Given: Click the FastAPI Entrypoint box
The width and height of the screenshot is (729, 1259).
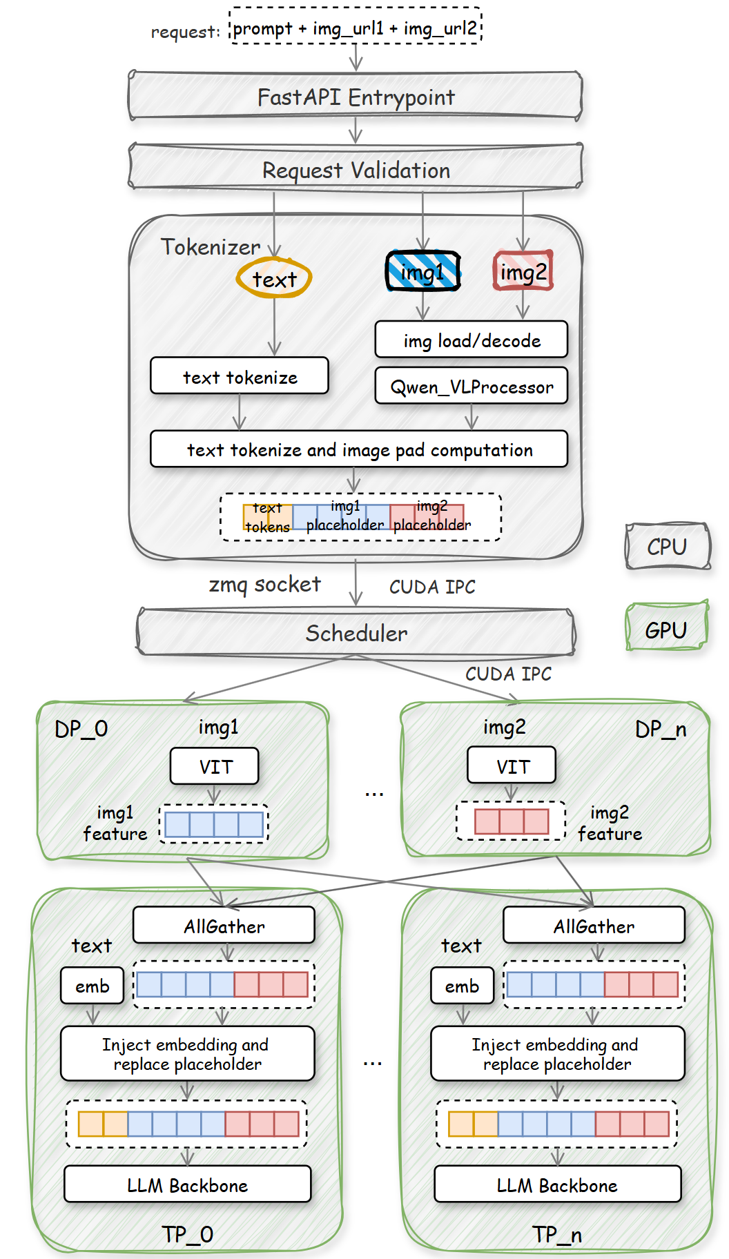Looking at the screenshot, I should pos(356,96).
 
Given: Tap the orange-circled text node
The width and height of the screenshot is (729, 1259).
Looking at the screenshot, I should pos(274,279).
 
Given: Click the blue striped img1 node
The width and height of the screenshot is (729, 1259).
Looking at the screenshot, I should pos(422,271).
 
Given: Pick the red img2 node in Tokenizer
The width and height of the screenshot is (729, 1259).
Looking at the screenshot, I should pos(523,271).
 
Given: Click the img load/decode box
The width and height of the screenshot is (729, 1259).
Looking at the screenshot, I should pos(472,340).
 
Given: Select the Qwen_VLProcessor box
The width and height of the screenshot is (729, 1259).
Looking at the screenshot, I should pos(472,386).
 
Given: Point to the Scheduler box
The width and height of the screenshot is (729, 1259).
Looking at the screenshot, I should pos(356,632).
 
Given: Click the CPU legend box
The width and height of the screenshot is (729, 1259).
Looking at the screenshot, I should pos(667,546).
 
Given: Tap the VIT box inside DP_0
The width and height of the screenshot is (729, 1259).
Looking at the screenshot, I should pos(215,766).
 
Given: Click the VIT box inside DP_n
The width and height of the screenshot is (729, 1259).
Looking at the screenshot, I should pos(512,765).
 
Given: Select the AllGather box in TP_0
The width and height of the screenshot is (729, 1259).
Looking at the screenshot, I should pos(224,926).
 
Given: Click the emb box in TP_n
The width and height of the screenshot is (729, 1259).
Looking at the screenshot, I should pos(462,986).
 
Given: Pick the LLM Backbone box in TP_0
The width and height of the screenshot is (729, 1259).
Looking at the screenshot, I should pos(187,1184).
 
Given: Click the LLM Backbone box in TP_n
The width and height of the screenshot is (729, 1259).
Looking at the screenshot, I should pos(557,1184).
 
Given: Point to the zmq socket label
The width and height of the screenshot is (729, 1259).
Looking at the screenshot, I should pos(264,585).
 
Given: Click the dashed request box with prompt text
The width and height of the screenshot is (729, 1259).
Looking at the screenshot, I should pos(356,28).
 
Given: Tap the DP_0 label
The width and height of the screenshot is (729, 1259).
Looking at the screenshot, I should pos(81,729).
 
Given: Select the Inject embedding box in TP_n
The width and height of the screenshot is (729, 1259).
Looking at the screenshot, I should pos(557,1053).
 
